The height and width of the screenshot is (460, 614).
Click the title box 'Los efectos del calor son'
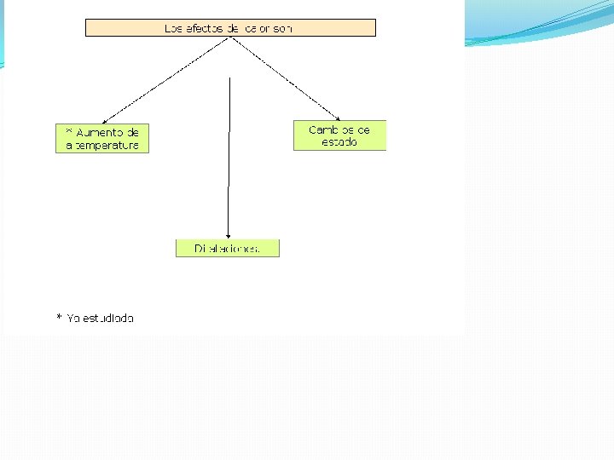[x=230, y=28]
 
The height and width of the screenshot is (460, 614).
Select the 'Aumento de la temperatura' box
[x=102, y=139]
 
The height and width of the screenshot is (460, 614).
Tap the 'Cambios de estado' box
[x=339, y=135]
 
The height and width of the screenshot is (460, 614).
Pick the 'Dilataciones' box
[x=227, y=249]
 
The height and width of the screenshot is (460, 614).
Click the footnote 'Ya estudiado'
[x=96, y=319]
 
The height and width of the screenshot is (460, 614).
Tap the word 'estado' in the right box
[x=339, y=142]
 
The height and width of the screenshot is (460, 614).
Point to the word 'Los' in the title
[x=173, y=28]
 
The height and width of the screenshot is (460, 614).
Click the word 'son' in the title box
[x=283, y=28]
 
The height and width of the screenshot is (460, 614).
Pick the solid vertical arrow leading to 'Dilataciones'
[x=229, y=153]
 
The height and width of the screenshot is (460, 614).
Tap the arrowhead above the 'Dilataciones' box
[x=229, y=234]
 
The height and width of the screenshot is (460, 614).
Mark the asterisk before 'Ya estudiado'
[x=60, y=318]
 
